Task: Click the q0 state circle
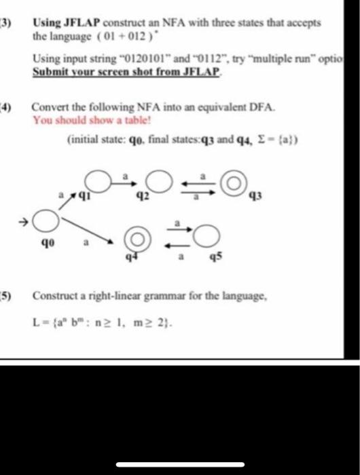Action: click(46, 220)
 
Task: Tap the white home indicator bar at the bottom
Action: click(179, 465)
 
